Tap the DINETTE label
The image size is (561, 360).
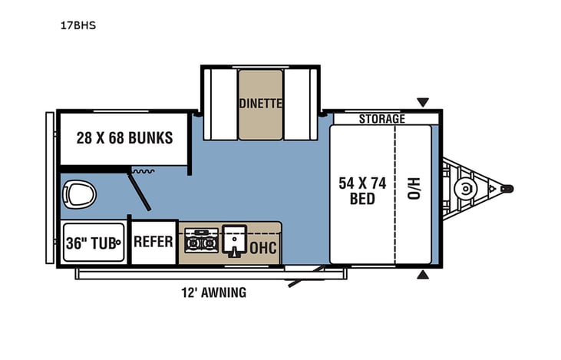point(260,103)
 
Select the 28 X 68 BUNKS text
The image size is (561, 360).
point(124,139)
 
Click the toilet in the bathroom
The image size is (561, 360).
point(78,193)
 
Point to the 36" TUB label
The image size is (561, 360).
point(90,243)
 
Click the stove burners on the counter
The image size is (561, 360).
point(201,239)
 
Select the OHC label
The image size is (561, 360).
point(263,247)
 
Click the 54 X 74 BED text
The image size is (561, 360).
point(361,190)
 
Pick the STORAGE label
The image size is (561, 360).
point(381,119)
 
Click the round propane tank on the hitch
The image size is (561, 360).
point(464,189)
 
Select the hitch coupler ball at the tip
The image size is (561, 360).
point(507,189)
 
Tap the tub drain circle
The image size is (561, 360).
point(119,243)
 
